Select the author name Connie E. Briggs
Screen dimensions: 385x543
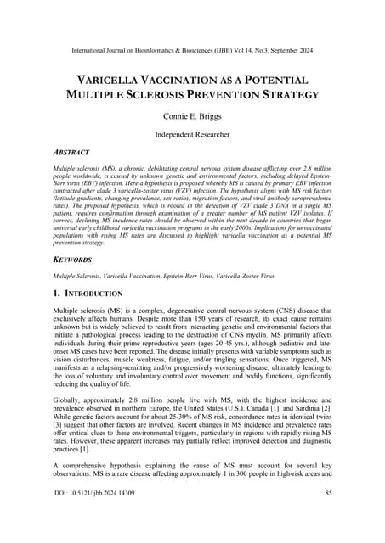[x=192, y=120]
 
